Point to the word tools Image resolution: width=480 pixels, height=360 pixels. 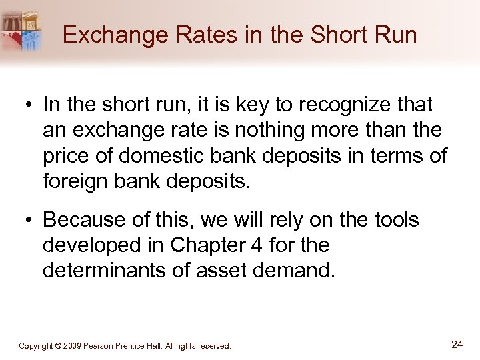393,220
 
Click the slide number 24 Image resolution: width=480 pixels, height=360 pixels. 457,344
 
